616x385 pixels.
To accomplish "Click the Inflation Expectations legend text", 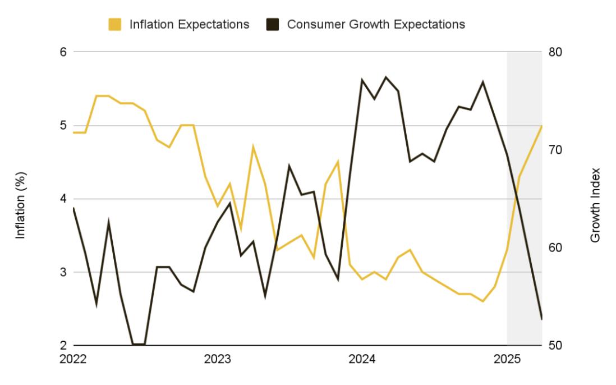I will click(x=189, y=25).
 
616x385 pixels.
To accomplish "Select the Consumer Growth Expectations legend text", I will click(x=376, y=25).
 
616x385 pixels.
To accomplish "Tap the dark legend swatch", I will click(x=271, y=25).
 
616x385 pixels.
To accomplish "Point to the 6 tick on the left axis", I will click(x=63, y=52).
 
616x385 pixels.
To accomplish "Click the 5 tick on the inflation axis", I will click(x=63, y=126).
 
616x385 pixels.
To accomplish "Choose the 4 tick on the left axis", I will click(x=63, y=199).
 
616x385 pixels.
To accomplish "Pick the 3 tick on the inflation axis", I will click(x=63, y=272).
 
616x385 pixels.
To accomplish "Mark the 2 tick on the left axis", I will click(x=63, y=345).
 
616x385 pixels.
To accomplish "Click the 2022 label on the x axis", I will click(x=73, y=358).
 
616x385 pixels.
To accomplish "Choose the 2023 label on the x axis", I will click(x=217, y=358).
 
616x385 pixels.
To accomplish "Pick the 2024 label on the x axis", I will click(x=362, y=358).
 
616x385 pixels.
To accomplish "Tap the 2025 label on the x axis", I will click(x=507, y=358).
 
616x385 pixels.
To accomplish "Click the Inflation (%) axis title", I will click(x=21, y=199).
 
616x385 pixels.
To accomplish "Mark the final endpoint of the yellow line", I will click(x=542, y=126).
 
